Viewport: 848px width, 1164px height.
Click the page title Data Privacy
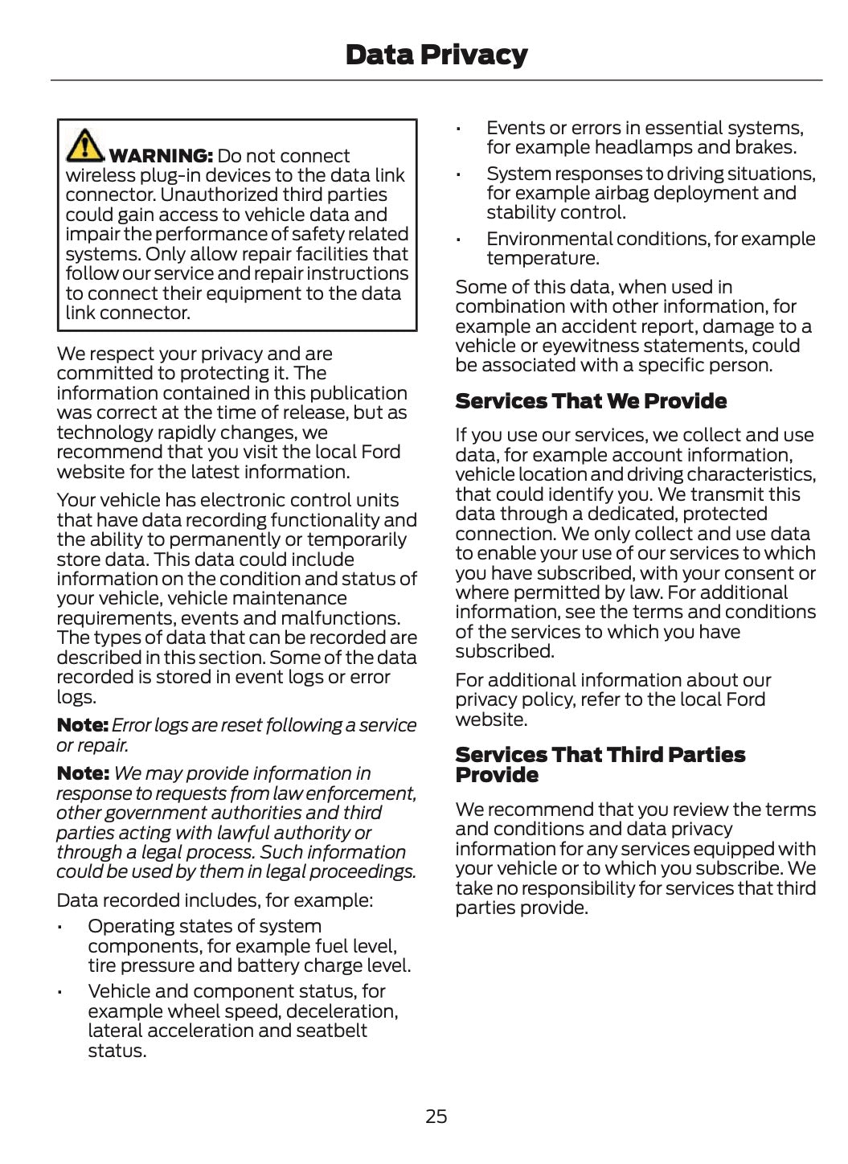click(x=436, y=55)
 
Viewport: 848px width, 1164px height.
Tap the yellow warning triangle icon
click(x=84, y=145)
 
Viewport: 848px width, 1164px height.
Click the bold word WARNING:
click(x=161, y=156)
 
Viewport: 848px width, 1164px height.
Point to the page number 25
click(x=436, y=1116)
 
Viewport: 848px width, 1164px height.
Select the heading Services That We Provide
click(x=591, y=401)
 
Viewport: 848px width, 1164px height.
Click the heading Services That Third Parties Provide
click(x=600, y=764)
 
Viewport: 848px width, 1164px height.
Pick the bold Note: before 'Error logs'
click(x=82, y=725)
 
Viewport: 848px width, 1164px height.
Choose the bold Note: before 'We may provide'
click(x=82, y=773)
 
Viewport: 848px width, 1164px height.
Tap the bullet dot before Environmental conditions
click(x=458, y=240)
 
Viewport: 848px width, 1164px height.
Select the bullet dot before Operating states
click(x=59, y=928)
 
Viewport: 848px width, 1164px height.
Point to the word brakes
click(x=768, y=147)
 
